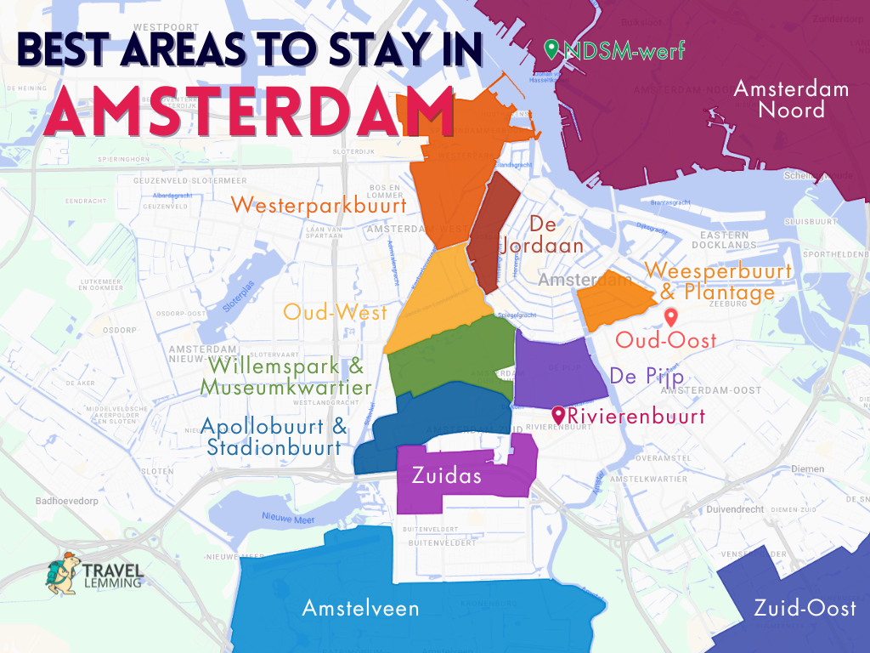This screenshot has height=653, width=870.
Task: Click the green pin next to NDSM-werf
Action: (x=551, y=50)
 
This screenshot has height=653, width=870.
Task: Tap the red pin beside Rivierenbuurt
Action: (x=559, y=415)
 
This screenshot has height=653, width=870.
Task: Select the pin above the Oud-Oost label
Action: (x=670, y=318)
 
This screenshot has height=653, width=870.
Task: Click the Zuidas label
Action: (x=446, y=475)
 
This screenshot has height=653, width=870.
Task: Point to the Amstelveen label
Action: (x=360, y=608)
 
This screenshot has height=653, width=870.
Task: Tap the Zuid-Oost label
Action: (x=805, y=608)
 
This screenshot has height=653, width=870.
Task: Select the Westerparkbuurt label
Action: (x=319, y=205)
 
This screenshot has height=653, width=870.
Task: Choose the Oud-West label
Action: (x=335, y=312)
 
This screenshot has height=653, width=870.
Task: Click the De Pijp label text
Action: (x=647, y=377)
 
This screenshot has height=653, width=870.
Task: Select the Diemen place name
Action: (x=806, y=468)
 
